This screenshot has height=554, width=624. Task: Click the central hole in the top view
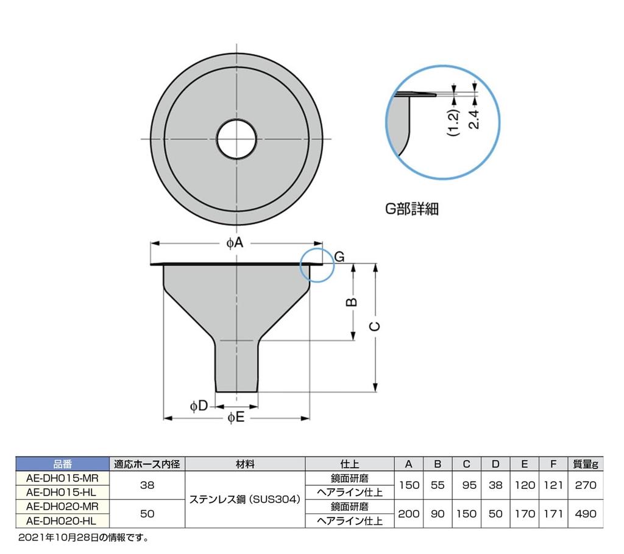(x=236, y=139)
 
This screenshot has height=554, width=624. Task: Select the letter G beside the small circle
(x=340, y=256)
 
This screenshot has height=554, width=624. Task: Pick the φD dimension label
(x=199, y=405)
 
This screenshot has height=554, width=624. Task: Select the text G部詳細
(x=411, y=209)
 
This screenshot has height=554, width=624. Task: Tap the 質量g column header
(x=585, y=465)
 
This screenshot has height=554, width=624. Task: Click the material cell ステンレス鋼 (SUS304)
(x=245, y=500)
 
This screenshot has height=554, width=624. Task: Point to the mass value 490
(x=585, y=514)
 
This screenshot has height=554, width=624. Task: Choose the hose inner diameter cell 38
(x=147, y=485)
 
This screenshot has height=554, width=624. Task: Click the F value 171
(x=553, y=514)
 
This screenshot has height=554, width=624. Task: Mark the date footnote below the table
(x=84, y=538)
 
